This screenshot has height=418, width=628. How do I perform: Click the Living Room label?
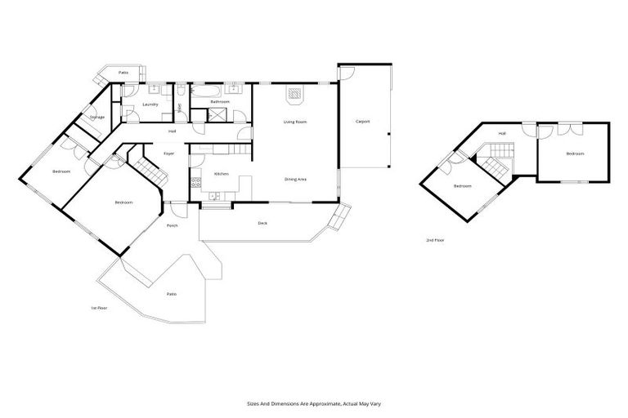point(295,122)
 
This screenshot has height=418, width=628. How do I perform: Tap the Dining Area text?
point(295,179)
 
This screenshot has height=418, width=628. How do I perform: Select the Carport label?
point(362,122)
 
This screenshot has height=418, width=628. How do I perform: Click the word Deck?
point(262,223)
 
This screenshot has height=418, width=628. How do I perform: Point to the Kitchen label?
point(221,174)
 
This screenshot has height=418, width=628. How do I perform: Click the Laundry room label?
point(150,104)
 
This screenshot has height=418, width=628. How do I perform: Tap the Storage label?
point(97,118)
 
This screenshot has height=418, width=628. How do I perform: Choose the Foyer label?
point(168,153)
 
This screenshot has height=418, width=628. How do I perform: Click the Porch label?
point(173,225)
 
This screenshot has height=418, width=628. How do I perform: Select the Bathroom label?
point(219,101)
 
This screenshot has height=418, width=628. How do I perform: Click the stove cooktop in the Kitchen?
point(195,183)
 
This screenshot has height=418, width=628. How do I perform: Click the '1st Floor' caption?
point(99,308)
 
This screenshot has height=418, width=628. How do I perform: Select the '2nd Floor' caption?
point(435,240)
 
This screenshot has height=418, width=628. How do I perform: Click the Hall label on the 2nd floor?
point(502,133)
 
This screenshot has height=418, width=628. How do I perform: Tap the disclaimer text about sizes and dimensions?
point(314,402)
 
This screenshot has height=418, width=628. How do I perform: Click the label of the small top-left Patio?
point(123,73)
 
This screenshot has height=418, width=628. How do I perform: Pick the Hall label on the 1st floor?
point(172,131)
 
